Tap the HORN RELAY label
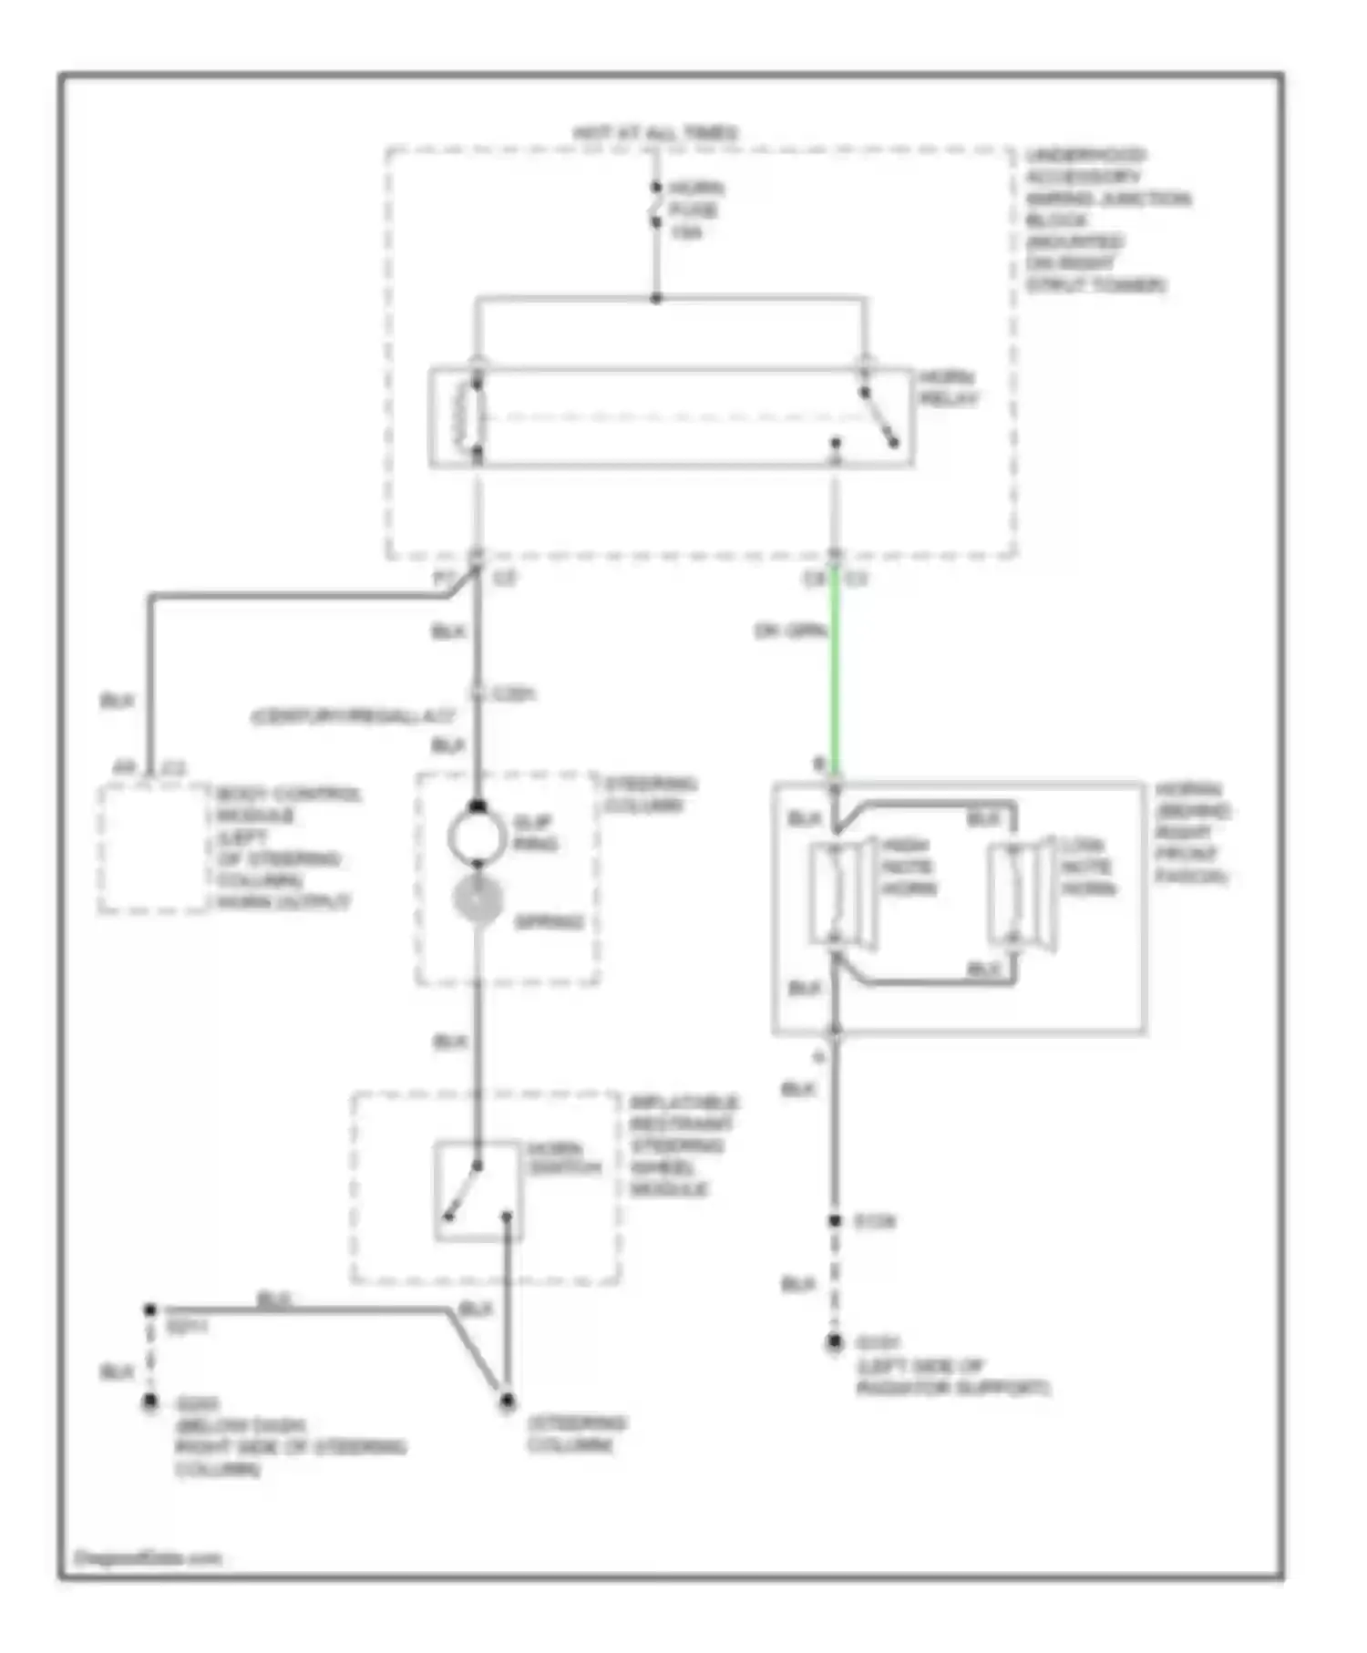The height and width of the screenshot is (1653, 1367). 948,388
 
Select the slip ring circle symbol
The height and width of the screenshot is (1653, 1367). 477,835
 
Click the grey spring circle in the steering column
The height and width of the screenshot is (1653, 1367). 478,899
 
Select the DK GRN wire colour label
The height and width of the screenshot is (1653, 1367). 790,631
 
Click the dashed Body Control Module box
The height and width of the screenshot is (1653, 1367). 153,847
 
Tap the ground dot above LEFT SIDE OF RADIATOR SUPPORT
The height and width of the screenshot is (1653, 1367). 834,1342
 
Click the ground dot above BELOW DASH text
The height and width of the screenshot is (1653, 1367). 150,1402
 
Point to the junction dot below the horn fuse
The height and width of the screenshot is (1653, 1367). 655,298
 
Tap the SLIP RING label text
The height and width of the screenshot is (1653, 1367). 535,833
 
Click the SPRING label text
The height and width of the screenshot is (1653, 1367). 549,922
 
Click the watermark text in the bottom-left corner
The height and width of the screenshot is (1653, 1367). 148,1557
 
